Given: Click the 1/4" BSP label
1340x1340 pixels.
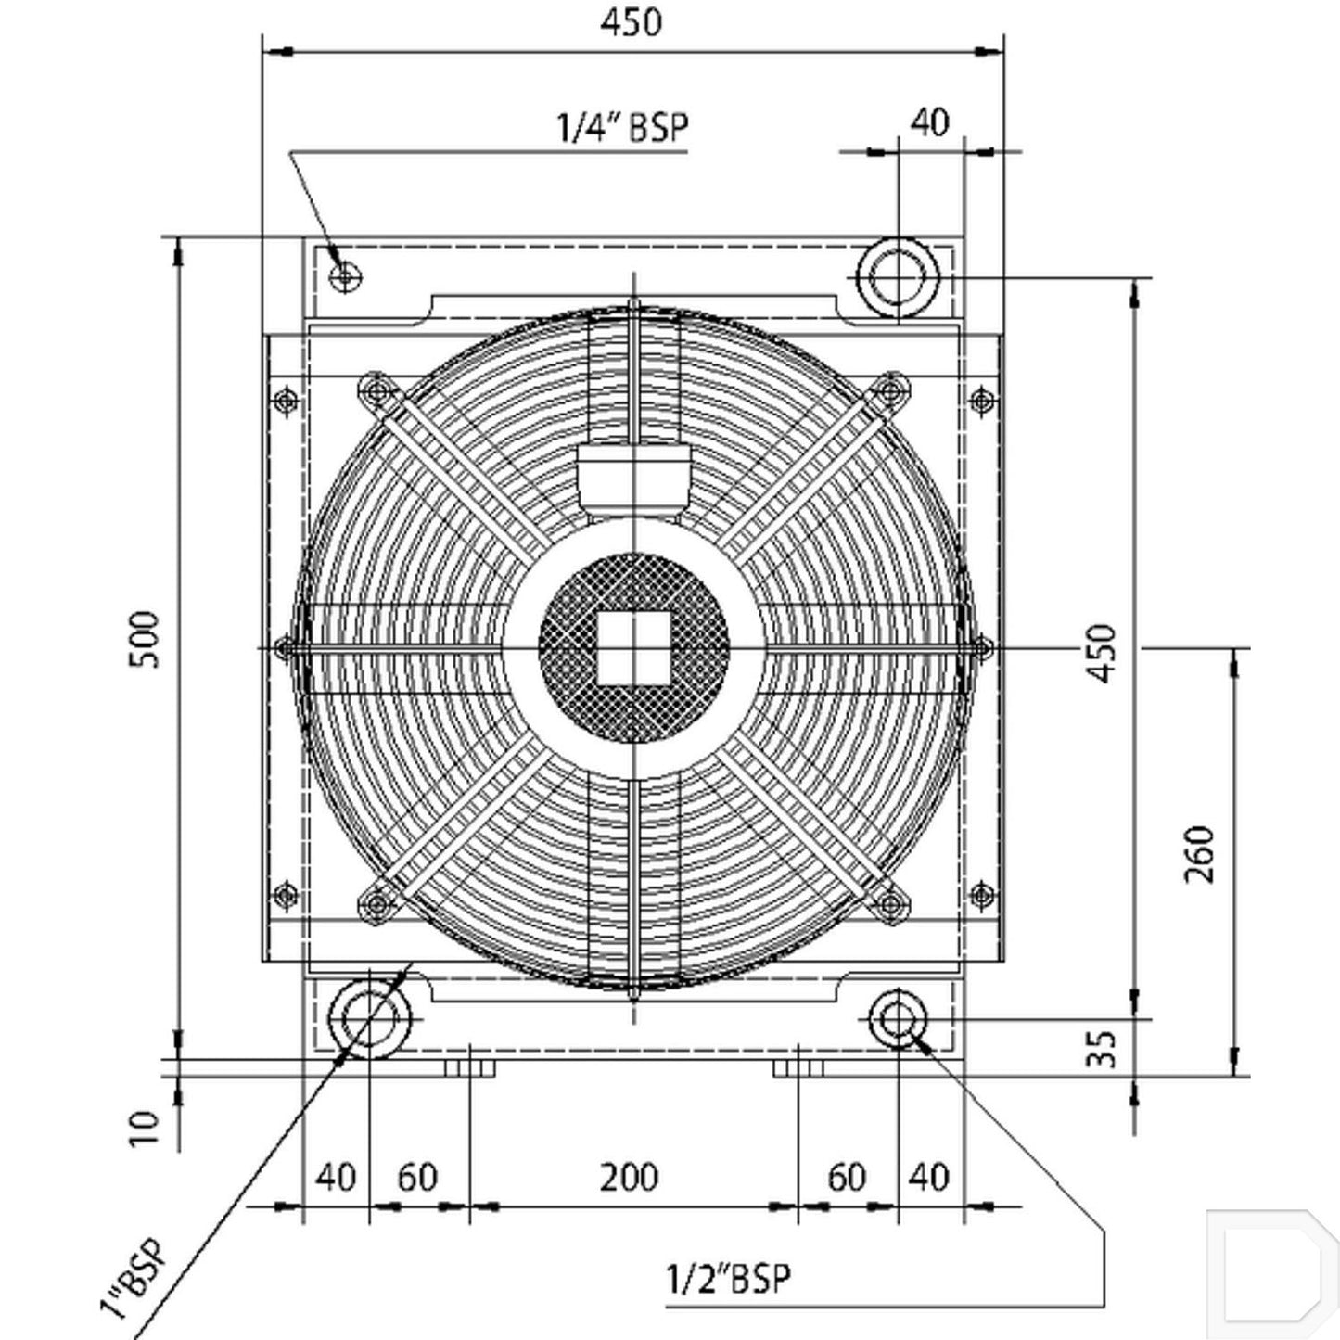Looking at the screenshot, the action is pyautogui.click(x=622, y=127).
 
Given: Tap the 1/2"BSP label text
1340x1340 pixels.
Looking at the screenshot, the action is pyautogui.click(x=728, y=1278).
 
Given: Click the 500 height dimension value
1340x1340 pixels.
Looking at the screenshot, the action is pyautogui.click(x=144, y=639).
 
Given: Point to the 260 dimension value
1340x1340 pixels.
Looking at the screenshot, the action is pyautogui.click(x=1197, y=854).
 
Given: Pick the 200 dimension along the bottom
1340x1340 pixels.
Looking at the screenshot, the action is pyautogui.click(x=629, y=1178).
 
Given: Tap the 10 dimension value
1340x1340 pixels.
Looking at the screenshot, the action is pyautogui.click(x=145, y=1128).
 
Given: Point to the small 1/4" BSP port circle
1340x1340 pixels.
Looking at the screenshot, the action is pyautogui.click(x=345, y=277).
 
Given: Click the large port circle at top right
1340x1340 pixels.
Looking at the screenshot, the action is pyautogui.click(x=898, y=277).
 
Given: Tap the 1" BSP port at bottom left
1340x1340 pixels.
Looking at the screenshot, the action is pyautogui.click(x=368, y=1019).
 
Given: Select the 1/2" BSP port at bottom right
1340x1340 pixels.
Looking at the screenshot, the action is pyautogui.click(x=898, y=1019).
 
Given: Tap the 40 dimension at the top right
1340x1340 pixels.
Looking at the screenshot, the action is pyautogui.click(x=930, y=123).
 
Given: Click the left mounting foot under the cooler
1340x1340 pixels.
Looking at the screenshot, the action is pyautogui.click(x=470, y=1067).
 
